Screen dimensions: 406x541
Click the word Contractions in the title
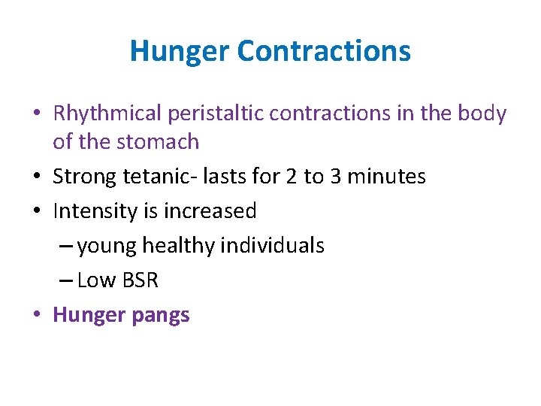[x=324, y=52]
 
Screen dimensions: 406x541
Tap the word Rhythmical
[x=107, y=114]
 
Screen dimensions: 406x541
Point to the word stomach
[x=163, y=142]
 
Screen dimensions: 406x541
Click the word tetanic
[x=147, y=177]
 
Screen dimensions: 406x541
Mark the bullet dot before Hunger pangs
[x=37, y=315]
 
